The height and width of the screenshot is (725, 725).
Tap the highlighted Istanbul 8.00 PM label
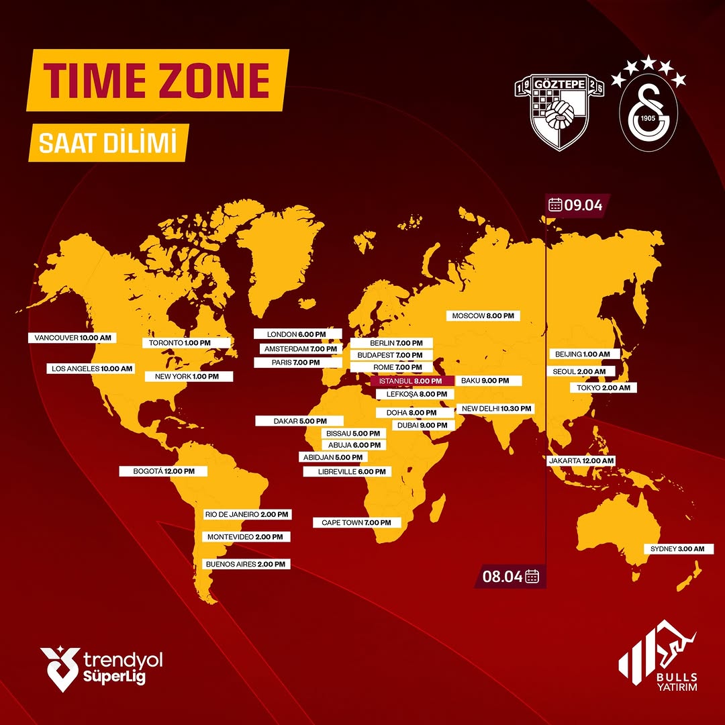(x=411, y=381)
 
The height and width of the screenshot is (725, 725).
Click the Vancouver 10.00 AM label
(x=72, y=338)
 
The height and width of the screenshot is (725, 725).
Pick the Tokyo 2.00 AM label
(x=602, y=388)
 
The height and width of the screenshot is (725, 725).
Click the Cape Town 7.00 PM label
(x=356, y=522)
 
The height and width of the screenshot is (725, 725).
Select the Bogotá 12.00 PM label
(x=163, y=471)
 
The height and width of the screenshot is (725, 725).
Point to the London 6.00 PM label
(x=297, y=334)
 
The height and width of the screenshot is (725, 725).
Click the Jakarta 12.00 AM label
(x=581, y=461)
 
